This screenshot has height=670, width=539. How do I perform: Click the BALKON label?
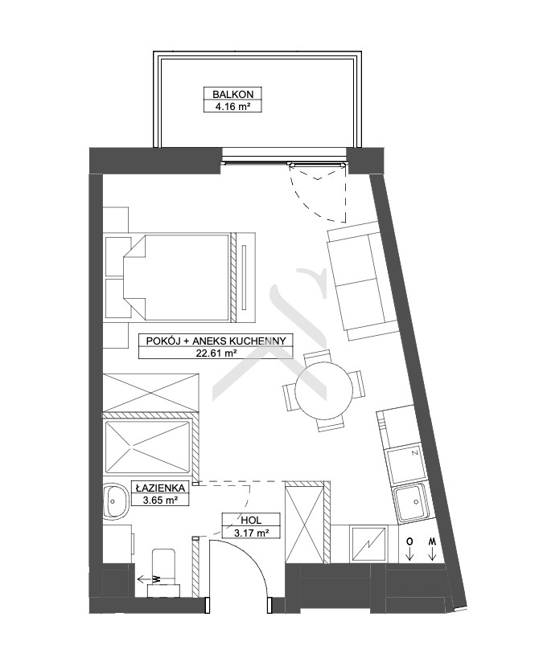pyautogui.click(x=233, y=94)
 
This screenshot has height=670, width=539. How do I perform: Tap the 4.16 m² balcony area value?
pyautogui.click(x=232, y=106)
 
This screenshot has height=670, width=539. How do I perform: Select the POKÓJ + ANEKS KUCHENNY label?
pyautogui.click(x=216, y=341)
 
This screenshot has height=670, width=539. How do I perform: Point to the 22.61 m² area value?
pyautogui.click(x=216, y=353)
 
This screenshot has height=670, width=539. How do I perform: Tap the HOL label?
pyautogui.click(x=251, y=520)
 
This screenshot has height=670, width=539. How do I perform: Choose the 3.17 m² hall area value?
pyautogui.click(x=251, y=533)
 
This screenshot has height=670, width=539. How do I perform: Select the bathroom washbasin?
pyautogui.click(x=116, y=500)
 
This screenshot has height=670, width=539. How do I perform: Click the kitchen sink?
pyautogui.click(x=410, y=504)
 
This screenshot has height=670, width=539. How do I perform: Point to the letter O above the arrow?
pyautogui.click(x=409, y=541)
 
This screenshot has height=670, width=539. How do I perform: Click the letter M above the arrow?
pyautogui.click(x=433, y=541)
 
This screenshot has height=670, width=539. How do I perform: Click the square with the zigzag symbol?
pyautogui.click(x=368, y=544)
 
